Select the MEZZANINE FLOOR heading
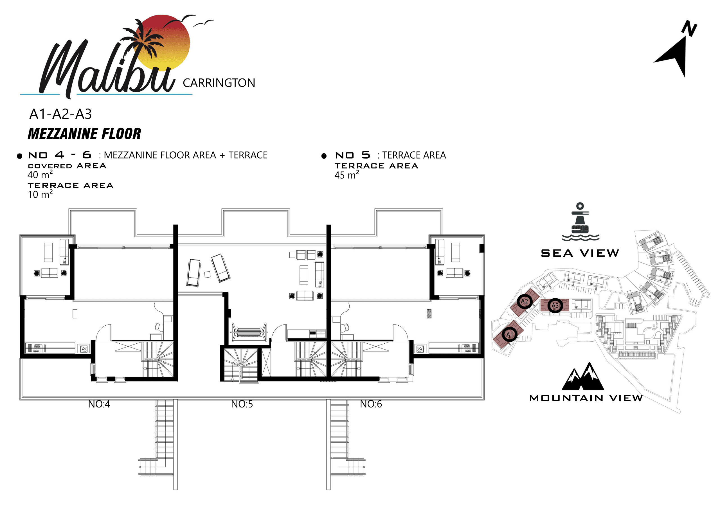(x=84, y=134)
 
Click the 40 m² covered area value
(x=40, y=174)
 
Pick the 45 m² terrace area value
(x=346, y=175)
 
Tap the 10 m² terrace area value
(x=40, y=194)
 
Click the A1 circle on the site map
(x=510, y=335)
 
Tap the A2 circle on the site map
(x=525, y=302)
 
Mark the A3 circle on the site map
(x=555, y=305)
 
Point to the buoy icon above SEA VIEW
(x=580, y=222)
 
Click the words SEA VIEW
(x=580, y=253)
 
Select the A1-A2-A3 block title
(x=60, y=114)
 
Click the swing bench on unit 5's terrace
(x=249, y=332)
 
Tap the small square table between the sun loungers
(x=207, y=274)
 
